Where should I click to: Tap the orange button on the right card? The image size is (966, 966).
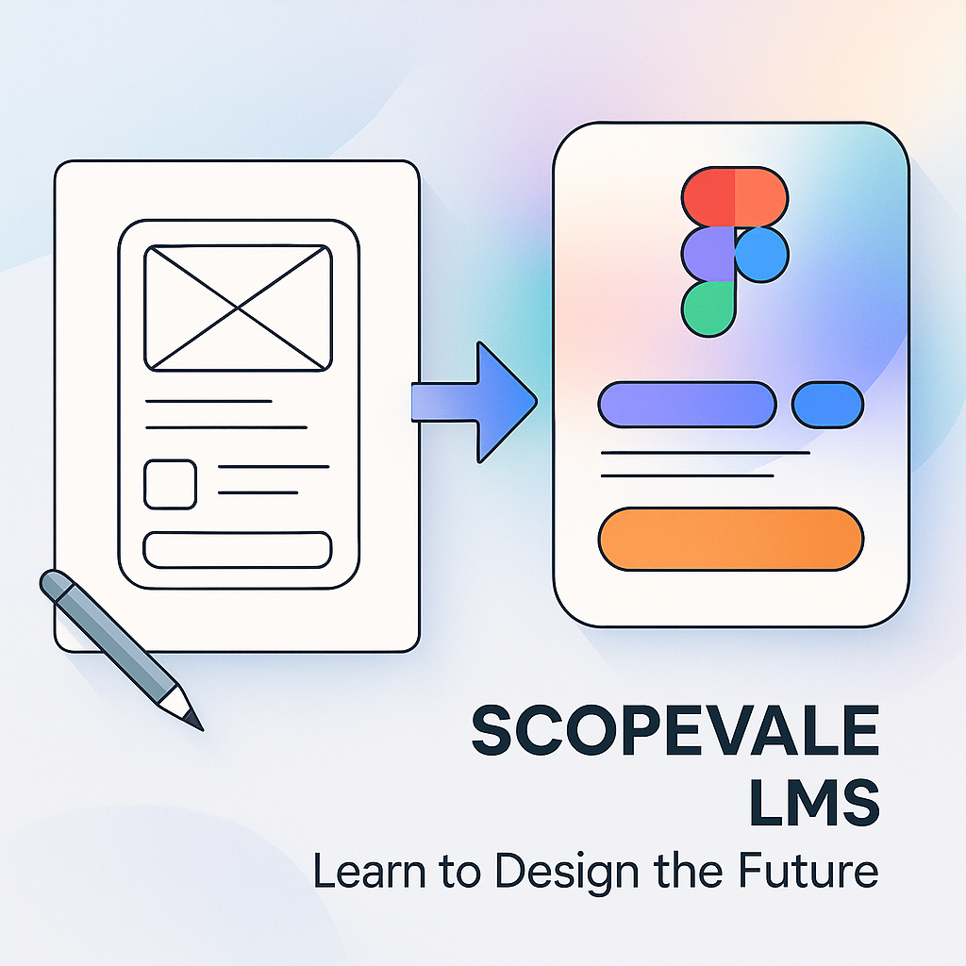731,539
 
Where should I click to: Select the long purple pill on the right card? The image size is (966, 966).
687,405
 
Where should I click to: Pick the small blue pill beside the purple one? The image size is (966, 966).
827,405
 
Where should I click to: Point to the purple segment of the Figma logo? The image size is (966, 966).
708,253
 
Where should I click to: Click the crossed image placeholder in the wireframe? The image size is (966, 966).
238,308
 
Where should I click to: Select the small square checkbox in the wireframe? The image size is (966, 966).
170,484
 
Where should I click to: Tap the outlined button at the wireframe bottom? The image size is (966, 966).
238,550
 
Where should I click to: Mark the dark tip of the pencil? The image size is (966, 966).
193,720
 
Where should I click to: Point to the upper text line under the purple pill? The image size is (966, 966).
705,454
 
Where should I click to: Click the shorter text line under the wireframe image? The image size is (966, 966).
208,402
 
